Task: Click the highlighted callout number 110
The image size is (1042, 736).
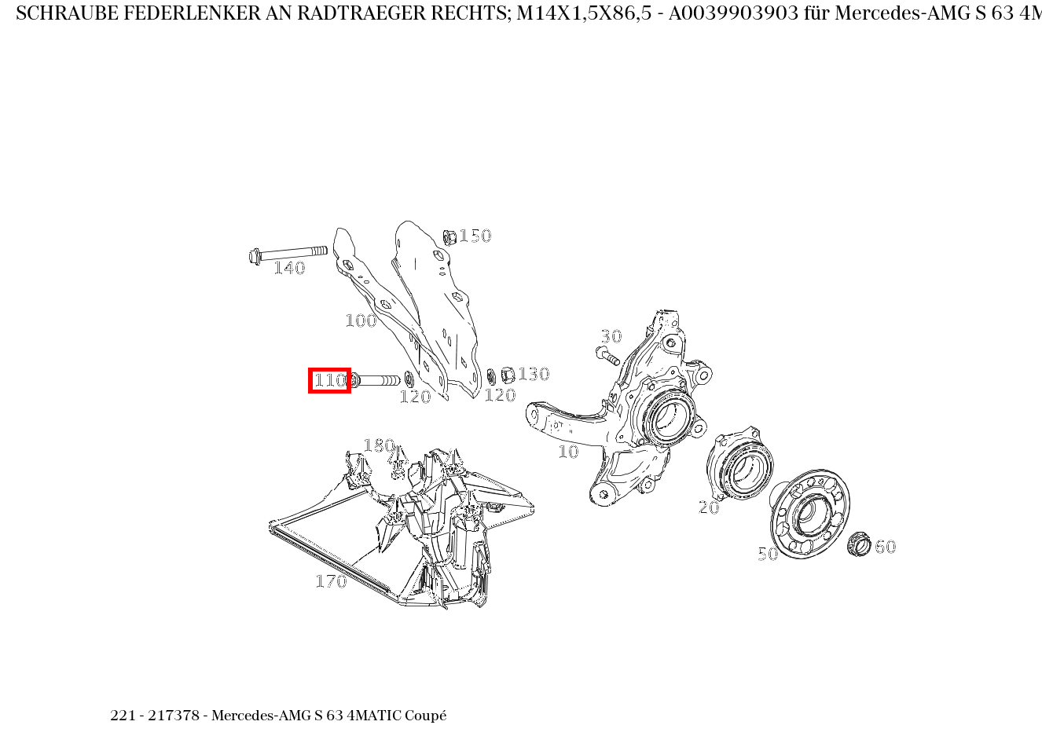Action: coord(329,380)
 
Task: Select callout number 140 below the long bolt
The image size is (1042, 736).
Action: coord(289,268)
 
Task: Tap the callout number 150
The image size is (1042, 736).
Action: coord(475,236)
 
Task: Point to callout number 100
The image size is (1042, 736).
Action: coord(361,320)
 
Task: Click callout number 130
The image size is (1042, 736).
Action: coord(534,374)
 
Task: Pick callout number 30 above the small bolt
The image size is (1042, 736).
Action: coord(611,336)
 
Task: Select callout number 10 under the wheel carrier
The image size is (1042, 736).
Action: coord(568,452)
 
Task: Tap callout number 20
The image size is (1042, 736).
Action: coord(709,507)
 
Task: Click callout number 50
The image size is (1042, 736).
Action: coord(768,553)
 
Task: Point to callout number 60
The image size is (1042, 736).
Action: coord(886,547)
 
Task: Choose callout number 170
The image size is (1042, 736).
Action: coord(331,581)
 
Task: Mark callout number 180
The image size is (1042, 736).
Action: coord(379,445)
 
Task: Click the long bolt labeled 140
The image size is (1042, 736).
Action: coord(288,254)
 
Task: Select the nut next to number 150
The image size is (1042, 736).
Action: coord(449,237)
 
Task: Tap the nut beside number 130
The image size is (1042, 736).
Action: coord(508,375)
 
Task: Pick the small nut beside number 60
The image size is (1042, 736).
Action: coord(859,545)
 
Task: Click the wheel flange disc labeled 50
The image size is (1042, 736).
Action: coord(810,514)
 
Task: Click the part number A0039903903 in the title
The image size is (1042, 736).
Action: coord(733,13)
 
